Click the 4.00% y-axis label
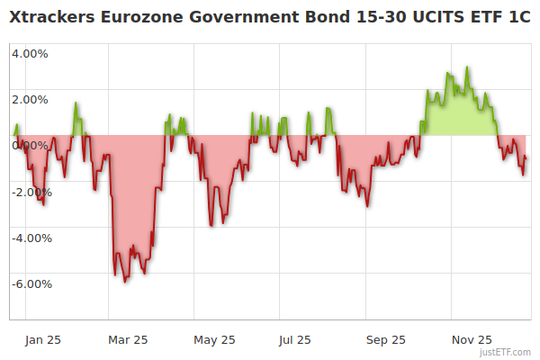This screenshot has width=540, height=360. click(30, 53)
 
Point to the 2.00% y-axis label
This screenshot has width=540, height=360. click(30, 99)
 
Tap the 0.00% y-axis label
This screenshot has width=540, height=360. click(30, 145)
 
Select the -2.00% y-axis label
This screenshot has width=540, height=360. click(30, 192)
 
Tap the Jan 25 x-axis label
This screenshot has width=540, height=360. click(42, 339)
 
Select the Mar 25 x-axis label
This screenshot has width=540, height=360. click(127, 339)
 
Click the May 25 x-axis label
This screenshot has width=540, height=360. click(214, 339)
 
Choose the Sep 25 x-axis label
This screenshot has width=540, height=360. click(386, 339)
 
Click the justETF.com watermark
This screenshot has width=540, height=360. click(506, 353)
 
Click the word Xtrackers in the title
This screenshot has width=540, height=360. click(51, 16)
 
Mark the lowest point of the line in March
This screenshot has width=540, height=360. click(125, 282)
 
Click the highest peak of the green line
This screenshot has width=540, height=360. click(466, 67)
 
